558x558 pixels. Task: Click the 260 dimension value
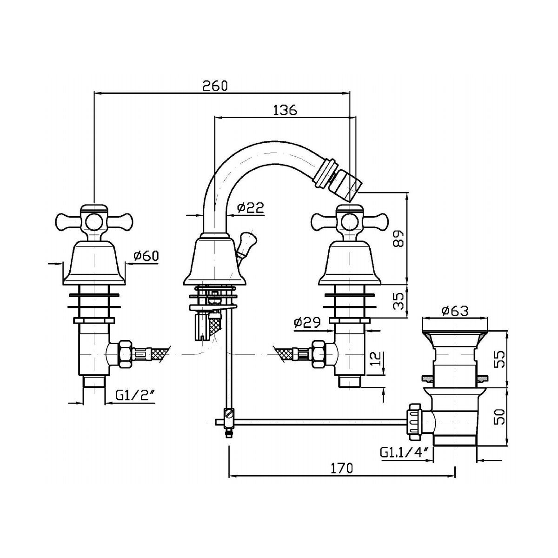coord(215,86)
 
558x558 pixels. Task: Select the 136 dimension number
coord(285,110)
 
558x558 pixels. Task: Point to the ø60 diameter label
coord(146,255)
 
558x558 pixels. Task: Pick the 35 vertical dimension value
coord(399,301)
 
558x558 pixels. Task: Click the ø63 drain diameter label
coord(455,311)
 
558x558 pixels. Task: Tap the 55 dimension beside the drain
coord(498,359)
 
